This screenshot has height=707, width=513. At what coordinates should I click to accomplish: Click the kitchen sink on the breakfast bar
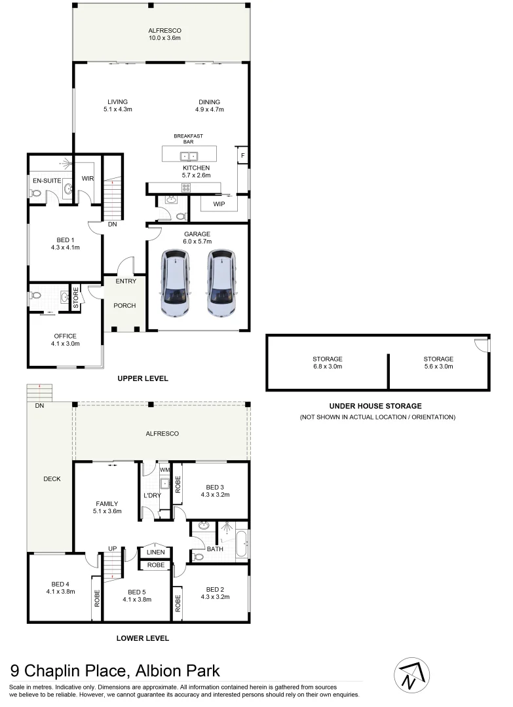click(189, 156)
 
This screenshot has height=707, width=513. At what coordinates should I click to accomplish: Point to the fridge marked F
click(242, 155)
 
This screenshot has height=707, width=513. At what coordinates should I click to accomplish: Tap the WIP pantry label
click(219, 204)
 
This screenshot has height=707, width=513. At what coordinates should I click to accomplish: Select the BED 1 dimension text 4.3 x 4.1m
click(65, 247)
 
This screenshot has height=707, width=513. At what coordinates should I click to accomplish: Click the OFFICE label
click(65, 336)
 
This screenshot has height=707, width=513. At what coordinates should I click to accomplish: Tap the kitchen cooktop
click(185, 187)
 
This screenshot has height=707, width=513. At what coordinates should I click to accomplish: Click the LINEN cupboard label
click(156, 552)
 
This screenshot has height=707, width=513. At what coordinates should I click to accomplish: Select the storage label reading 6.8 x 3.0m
click(327, 367)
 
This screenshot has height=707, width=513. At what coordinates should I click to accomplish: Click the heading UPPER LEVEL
click(143, 378)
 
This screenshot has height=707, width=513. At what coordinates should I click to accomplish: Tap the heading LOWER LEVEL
click(143, 638)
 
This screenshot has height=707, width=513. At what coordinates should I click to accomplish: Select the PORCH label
click(124, 306)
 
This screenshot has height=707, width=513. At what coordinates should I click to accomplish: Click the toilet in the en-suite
click(37, 193)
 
